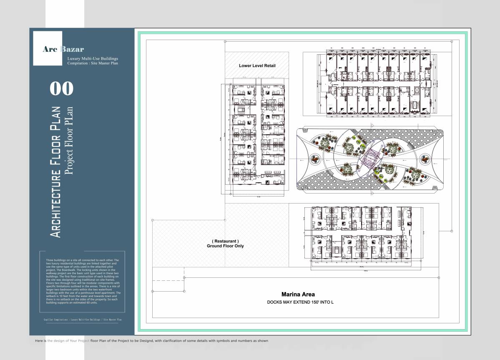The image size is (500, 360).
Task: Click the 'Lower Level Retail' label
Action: point(257,66)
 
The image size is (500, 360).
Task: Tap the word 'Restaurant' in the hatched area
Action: point(225,241)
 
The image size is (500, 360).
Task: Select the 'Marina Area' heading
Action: point(298,294)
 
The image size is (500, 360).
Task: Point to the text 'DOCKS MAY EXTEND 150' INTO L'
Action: point(300,302)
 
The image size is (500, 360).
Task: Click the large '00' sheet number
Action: point(61,88)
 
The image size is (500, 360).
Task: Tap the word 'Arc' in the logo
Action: point(50,49)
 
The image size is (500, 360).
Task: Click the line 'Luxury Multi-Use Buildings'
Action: point(93,58)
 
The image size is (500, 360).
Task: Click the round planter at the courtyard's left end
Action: point(315,159)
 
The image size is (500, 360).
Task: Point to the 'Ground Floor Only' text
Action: point(225,246)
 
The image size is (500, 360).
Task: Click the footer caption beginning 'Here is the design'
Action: point(151,341)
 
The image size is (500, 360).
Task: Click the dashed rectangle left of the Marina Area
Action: point(168,287)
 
